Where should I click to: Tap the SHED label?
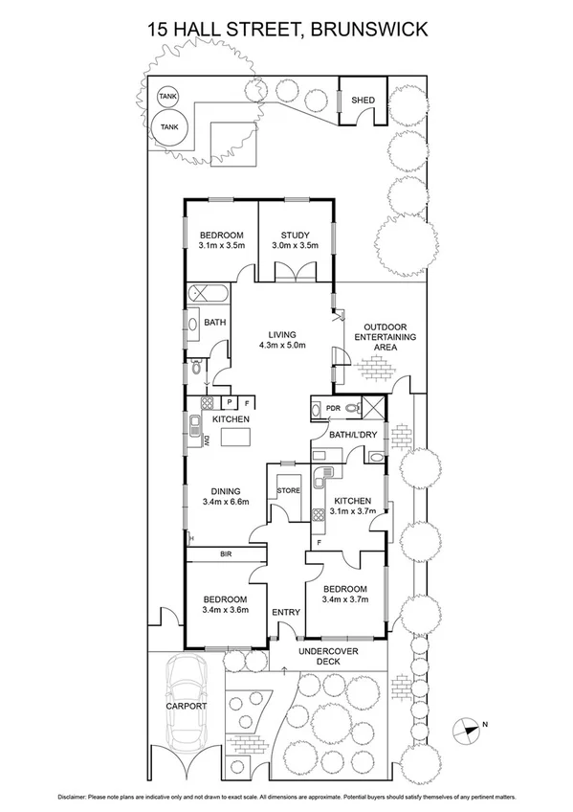coord(364,100)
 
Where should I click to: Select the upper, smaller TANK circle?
coord(167,98)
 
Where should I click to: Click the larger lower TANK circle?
coord(169,126)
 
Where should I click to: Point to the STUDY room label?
coord(295,236)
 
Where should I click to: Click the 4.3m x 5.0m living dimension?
coord(280,346)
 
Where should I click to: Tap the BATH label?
coord(215,323)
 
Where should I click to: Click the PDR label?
coord(334,408)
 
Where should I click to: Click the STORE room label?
coord(288,490)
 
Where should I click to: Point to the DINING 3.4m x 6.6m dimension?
coord(226,501)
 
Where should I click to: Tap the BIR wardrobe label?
coord(227,553)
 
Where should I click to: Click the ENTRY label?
coord(285,613)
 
